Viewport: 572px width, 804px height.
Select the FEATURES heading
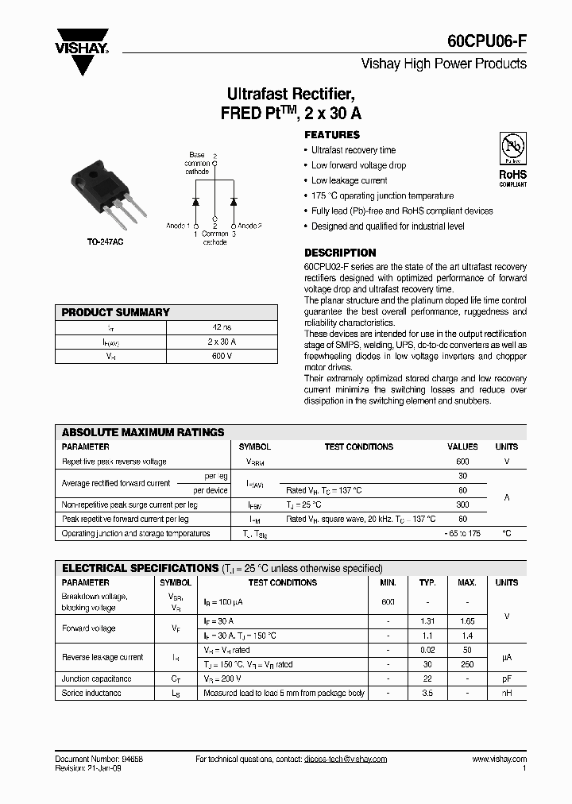[332, 135]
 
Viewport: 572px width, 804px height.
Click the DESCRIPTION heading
[340, 253]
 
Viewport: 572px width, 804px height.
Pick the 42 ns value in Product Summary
[222, 327]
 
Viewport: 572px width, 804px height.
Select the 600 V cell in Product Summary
[222, 357]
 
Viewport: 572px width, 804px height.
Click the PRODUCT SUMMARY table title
[116, 312]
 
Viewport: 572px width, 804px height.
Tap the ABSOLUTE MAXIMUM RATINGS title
[143, 433]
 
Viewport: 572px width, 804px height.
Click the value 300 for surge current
[462, 504]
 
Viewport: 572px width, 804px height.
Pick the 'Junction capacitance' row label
[97, 678]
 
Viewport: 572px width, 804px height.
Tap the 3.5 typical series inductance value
[427, 694]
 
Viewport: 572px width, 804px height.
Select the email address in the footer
[345, 759]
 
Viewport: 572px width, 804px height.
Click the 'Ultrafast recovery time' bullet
[354, 150]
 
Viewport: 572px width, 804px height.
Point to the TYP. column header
[427, 582]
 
